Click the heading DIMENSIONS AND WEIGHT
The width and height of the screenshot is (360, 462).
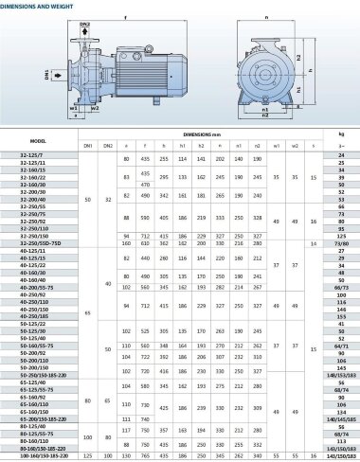point(37,6)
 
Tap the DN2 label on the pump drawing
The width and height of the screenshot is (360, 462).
point(82,22)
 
